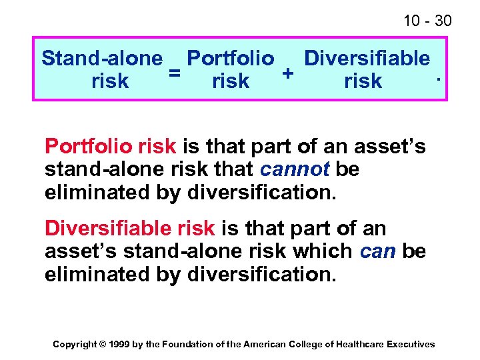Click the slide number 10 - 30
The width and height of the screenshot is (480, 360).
coord(427,21)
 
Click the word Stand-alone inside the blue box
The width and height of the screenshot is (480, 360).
coord(101,59)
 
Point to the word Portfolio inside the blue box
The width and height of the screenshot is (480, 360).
coord(230,59)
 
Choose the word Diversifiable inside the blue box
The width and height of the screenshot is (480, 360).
coord(367,59)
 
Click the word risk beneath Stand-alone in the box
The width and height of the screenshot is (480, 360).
coord(110,81)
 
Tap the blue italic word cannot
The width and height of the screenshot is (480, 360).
coord(295,169)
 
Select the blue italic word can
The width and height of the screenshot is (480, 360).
coord(378,251)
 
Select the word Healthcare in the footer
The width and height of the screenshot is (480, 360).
coord(359,344)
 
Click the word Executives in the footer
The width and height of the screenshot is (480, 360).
coord(410,344)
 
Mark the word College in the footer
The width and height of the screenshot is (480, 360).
coord(304,344)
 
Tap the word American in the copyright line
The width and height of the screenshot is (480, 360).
coord(265,344)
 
